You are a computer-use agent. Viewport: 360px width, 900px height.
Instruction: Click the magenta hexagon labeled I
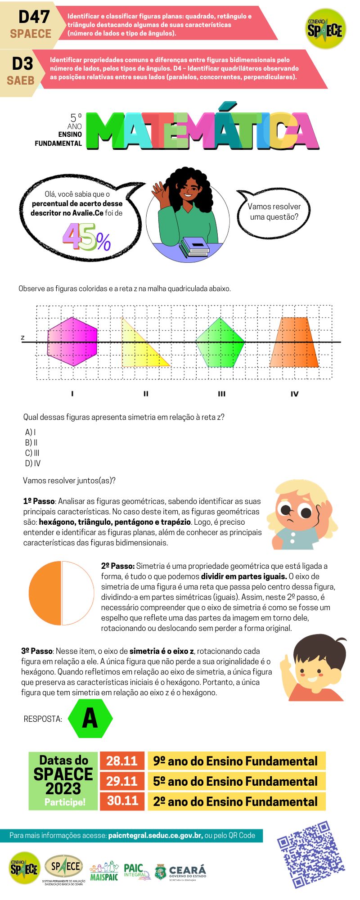click(x=72, y=342)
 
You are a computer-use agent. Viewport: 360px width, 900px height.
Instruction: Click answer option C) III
click(x=32, y=453)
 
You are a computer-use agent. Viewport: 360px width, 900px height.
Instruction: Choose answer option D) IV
click(x=33, y=463)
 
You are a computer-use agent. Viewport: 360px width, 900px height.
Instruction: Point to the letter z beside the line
click(x=22, y=337)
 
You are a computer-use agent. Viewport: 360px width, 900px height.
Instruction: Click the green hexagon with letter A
click(x=90, y=719)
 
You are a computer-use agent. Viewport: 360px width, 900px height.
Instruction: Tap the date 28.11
click(x=121, y=761)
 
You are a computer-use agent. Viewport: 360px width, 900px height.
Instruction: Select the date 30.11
click(x=122, y=801)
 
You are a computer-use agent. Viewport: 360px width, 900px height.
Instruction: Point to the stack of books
click(x=195, y=247)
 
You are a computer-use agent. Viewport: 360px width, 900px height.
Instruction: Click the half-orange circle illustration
click(x=61, y=593)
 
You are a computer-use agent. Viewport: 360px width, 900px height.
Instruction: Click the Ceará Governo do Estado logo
click(x=180, y=871)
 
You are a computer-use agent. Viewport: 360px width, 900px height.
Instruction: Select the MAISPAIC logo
click(x=104, y=871)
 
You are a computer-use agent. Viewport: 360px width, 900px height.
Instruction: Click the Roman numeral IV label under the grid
click(x=294, y=394)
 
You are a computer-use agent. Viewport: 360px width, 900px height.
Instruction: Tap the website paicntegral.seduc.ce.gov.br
click(x=155, y=836)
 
